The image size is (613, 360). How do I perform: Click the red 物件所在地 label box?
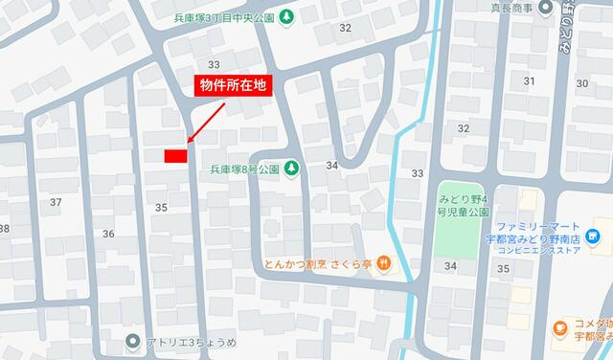click(231, 85)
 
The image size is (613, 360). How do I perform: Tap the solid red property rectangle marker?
click(174, 155)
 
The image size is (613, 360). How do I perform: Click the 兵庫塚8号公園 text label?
click(244, 169)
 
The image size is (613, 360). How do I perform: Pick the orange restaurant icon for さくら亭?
click(382, 262)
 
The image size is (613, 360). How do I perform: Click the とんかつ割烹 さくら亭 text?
click(318, 262)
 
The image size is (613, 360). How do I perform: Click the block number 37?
click(56, 202)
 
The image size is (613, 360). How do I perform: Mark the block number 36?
click(108, 234)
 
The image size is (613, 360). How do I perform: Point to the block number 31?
click(530, 80)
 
